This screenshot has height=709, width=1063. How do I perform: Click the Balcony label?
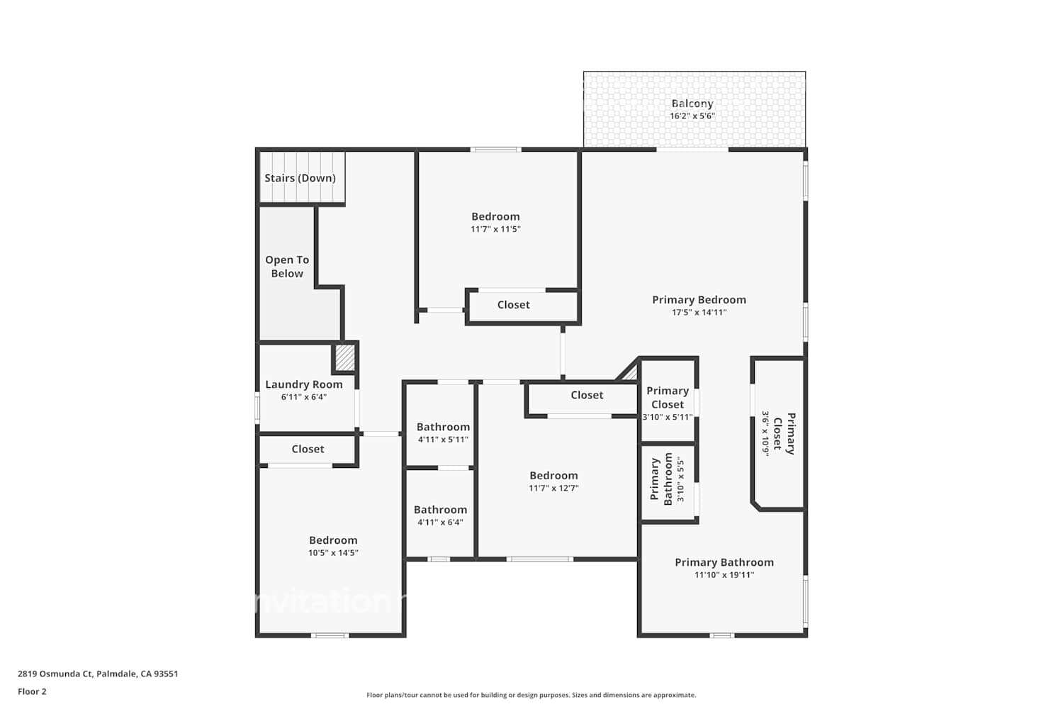pyautogui.click(x=692, y=104)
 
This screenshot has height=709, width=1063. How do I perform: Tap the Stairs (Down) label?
pyautogui.click(x=300, y=178)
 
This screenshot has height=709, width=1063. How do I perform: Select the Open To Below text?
pyautogui.click(x=287, y=267)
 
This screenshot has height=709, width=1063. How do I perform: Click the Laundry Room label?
pyautogui.click(x=304, y=384)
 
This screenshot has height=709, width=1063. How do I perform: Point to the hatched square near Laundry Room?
pyautogui.click(x=344, y=357)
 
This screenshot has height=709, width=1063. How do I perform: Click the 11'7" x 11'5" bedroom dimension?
pyautogui.click(x=495, y=229)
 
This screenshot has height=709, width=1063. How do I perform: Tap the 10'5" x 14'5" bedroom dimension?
pyautogui.click(x=333, y=553)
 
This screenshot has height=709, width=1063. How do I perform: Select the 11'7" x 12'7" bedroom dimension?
pyautogui.click(x=553, y=488)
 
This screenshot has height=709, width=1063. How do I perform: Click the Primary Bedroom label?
pyautogui.click(x=699, y=300)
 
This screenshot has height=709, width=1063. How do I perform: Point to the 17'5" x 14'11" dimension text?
pyautogui.click(x=699, y=312)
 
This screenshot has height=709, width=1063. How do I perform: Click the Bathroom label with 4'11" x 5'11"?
pyautogui.click(x=443, y=427)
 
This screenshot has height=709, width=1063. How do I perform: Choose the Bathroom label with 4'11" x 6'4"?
pyautogui.click(x=440, y=510)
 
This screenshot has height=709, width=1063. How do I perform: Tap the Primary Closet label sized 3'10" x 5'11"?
pyautogui.click(x=668, y=397)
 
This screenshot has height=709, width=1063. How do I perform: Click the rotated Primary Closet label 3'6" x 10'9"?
pyautogui.click(x=784, y=433)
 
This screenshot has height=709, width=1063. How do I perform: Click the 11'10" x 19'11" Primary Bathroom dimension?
pyautogui.click(x=724, y=575)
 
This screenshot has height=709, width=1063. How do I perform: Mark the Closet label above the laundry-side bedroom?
pyautogui.click(x=308, y=449)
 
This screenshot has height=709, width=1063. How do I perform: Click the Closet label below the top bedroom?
pyautogui.click(x=513, y=305)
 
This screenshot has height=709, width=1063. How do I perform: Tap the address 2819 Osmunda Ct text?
pyautogui.click(x=98, y=674)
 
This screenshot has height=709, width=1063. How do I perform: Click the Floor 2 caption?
pyautogui.click(x=32, y=691)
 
